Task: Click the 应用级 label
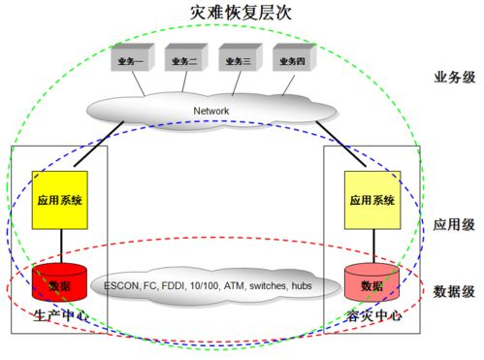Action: tap(455, 224)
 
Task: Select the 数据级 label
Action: tap(455, 290)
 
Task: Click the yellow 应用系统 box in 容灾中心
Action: tap(371, 201)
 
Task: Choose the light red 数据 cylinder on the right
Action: tap(371, 284)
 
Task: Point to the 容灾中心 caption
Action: tap(371, 316)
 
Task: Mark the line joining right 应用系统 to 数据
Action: tap(371, 246)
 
